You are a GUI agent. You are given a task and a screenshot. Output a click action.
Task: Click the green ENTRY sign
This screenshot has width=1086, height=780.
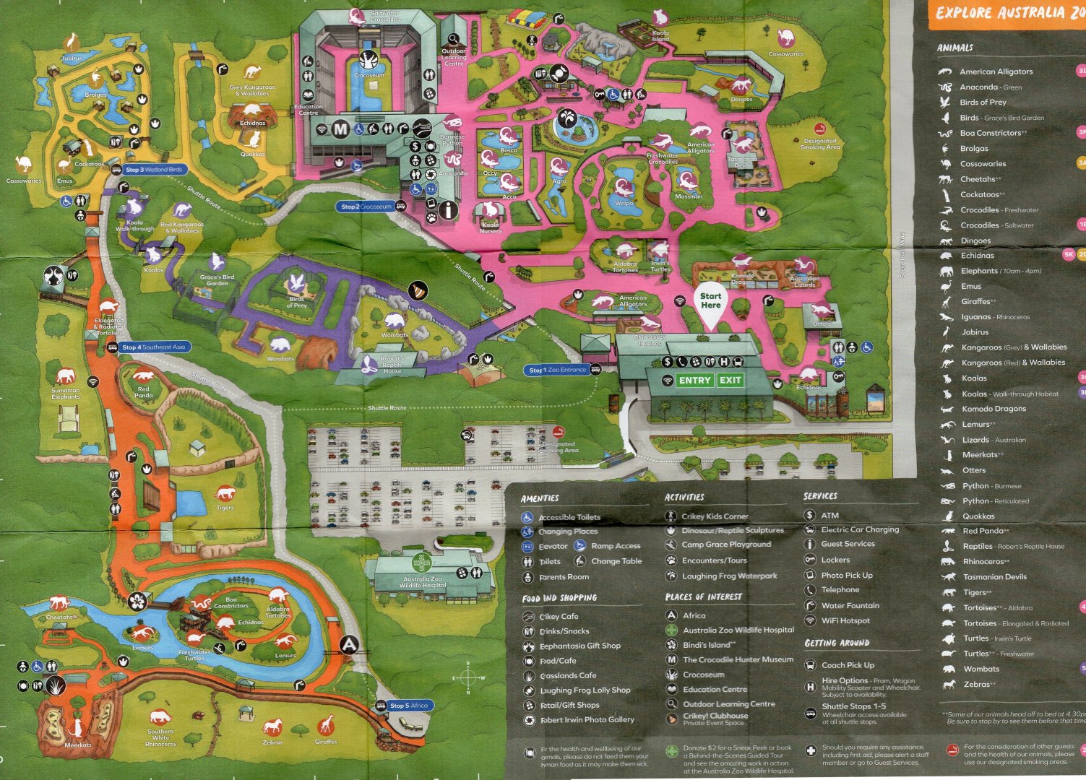pyautogui.click(x=694, y=381)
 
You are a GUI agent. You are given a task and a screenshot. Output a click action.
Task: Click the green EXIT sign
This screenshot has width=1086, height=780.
pyautogui.click(x=730, y=381)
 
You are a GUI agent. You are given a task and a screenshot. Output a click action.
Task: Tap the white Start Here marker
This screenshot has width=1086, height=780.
pyautogui.click(x=710, y=300)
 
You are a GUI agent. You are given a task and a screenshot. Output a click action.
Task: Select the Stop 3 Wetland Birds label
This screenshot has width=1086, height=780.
pyautogui.click(x=154, y=170)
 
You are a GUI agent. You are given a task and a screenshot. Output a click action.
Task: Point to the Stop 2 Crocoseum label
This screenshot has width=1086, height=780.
pyautogui.click(x=366, y=207)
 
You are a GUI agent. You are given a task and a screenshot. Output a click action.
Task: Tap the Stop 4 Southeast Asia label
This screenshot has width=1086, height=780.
pyautogui.click(x=152, y=347)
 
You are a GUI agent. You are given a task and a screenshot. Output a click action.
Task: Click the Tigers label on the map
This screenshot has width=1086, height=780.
pyautogui.click(x=225, y=508)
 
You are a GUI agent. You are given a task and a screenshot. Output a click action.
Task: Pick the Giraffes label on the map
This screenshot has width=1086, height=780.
pyautogui.click(x=326, y=741)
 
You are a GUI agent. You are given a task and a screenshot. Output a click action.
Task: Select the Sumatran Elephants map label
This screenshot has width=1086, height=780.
pyautogui.click(x=65, y=394)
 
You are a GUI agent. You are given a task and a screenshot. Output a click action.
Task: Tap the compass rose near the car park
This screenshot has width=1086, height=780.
pyautogui.click(x=467, y=677)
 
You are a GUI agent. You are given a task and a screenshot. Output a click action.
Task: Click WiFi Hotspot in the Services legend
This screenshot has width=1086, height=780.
pyautogui.click(x=845, y=620)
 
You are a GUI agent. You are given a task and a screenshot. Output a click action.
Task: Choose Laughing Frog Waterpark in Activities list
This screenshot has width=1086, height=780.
pyautogui.click(x=729, y=576)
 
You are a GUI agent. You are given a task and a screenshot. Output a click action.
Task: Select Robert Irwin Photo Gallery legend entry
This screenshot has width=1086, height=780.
pyautogui.click(x=587, y=720)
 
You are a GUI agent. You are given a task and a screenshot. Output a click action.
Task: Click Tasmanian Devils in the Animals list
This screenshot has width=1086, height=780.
pyautogui.click(x=994, y=577)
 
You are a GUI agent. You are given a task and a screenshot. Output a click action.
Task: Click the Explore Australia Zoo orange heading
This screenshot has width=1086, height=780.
pyautogui.click(x=1009, y=13)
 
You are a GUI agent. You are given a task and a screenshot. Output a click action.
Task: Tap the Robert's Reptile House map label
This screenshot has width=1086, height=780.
pyautogui.click(x=392, y=365)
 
